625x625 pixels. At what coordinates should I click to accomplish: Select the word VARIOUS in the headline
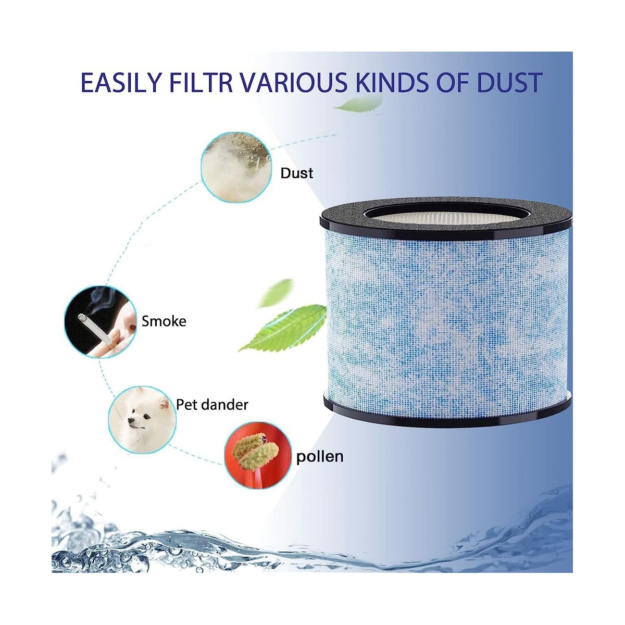point(294,82)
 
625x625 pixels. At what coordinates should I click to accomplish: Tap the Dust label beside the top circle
point(297,173)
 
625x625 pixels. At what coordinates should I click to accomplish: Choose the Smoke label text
point(164,321)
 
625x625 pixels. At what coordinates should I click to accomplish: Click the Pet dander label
point(212,405)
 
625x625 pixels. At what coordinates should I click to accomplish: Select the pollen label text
point(320,457)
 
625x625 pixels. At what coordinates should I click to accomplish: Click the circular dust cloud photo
point(236,167)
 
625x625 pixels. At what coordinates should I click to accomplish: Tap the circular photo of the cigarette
point(100,322)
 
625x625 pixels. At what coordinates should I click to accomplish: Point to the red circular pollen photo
point(258,455)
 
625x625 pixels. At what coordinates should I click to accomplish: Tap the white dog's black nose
point(130,420)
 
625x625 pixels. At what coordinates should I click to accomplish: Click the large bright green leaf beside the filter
point(283,328)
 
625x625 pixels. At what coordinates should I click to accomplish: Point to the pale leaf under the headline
point(359,104)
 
